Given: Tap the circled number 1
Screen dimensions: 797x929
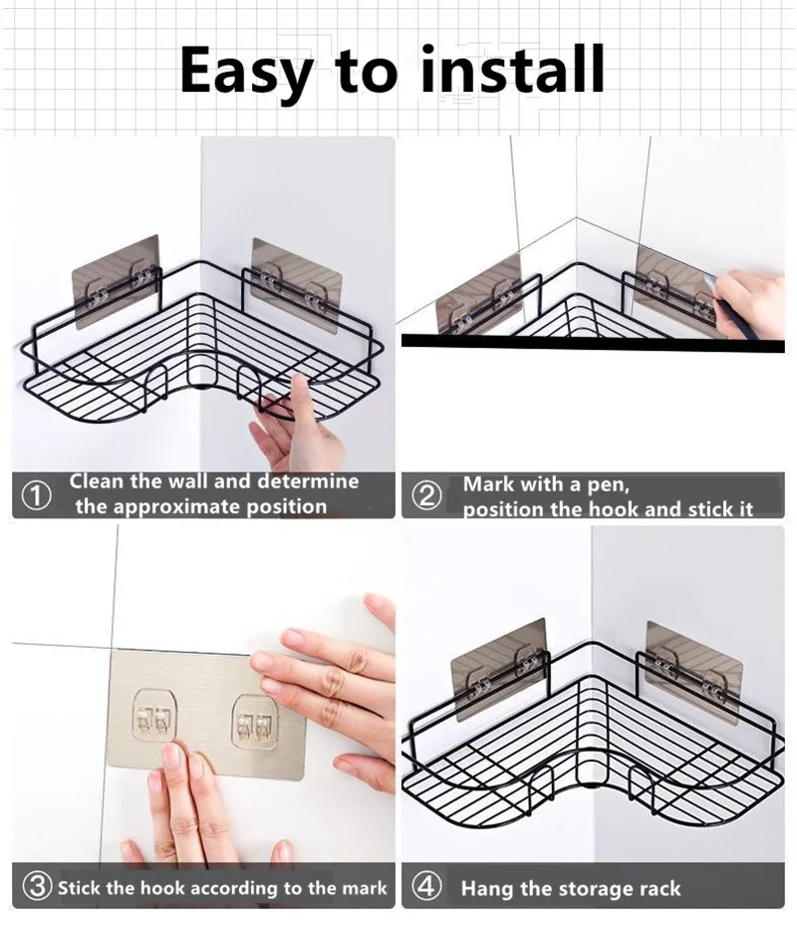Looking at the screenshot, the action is (36, 495).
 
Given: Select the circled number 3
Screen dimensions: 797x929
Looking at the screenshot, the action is (37, 887).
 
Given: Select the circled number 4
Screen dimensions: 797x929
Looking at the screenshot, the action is (426, 887).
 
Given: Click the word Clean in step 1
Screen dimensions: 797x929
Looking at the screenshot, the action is (97, 481).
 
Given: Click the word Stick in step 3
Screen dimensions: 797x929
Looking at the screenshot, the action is (80, 887).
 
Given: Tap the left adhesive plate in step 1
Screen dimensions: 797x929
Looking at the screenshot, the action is (117, 281).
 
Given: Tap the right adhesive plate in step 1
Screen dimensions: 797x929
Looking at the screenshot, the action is (296, 285).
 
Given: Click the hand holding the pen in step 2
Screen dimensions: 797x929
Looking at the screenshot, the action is (748, 302).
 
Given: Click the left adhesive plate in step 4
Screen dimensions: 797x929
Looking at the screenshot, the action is (498, 670).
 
